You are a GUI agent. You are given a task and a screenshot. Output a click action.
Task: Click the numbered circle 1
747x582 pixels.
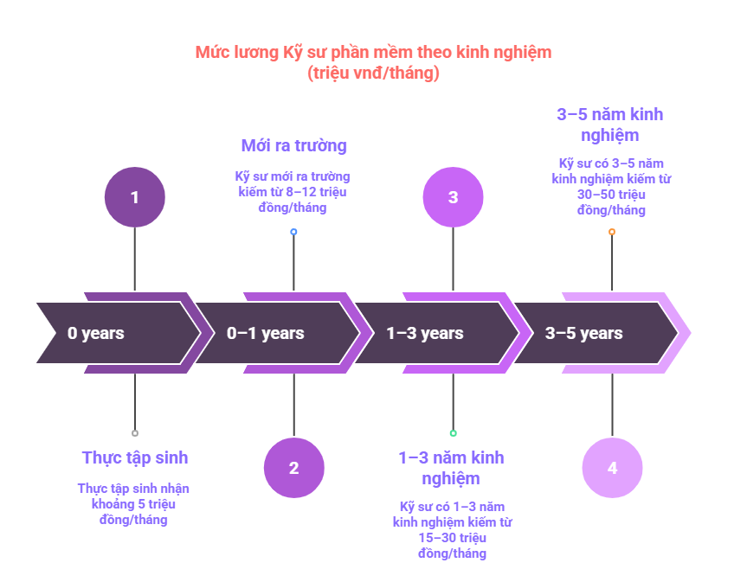(x=135, y=197)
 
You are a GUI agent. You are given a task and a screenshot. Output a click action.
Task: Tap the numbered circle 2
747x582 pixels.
(x=294, y=468)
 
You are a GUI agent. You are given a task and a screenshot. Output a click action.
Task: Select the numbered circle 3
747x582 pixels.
(x=453, y=197)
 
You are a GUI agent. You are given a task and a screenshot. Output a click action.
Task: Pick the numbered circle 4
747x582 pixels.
(x=612, y=468)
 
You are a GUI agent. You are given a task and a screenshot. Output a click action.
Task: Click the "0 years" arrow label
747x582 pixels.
(x=96, y=333)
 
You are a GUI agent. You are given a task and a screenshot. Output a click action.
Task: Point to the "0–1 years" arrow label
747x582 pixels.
(x=266, y=333)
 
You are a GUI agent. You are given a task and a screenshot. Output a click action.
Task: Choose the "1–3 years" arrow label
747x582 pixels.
(x=425, y=333)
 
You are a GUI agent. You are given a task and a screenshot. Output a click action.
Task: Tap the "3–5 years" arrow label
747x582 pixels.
(x=584, y=333)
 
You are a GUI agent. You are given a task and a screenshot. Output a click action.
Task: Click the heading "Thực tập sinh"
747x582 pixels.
(x=135, y=457)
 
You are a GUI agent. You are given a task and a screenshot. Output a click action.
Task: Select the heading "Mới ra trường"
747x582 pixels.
(x=294, y=145)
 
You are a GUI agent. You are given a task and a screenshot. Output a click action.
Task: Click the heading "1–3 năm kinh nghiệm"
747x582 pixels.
(x=451, y=468)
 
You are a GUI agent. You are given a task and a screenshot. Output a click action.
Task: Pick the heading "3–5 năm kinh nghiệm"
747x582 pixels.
(x=610, y=125)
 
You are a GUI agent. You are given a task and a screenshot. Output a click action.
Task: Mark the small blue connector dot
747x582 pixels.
(x=294, y=232)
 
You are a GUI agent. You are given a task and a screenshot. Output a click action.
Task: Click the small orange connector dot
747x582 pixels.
(x=612, y=232)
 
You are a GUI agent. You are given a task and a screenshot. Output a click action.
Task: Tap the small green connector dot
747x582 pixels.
(x=453, y=433)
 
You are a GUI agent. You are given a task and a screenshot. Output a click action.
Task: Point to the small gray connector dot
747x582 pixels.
(x=135, y=433)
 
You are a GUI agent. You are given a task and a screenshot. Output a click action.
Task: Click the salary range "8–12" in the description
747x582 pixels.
(x=301, y=192)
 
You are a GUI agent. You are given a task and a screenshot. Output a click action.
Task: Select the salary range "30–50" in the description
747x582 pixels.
(x=596, y=195)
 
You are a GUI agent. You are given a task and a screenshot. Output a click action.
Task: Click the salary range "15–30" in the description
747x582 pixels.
(x=436, y=538)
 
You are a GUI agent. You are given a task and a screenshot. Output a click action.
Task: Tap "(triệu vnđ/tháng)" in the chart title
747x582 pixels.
(x=374, y=73)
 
